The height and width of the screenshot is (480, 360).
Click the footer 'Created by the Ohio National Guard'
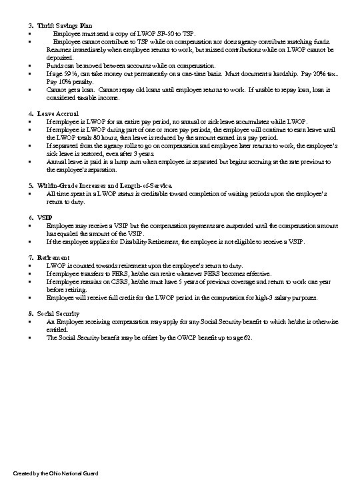[51, 472]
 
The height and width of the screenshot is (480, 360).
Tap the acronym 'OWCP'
[187, 338]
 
